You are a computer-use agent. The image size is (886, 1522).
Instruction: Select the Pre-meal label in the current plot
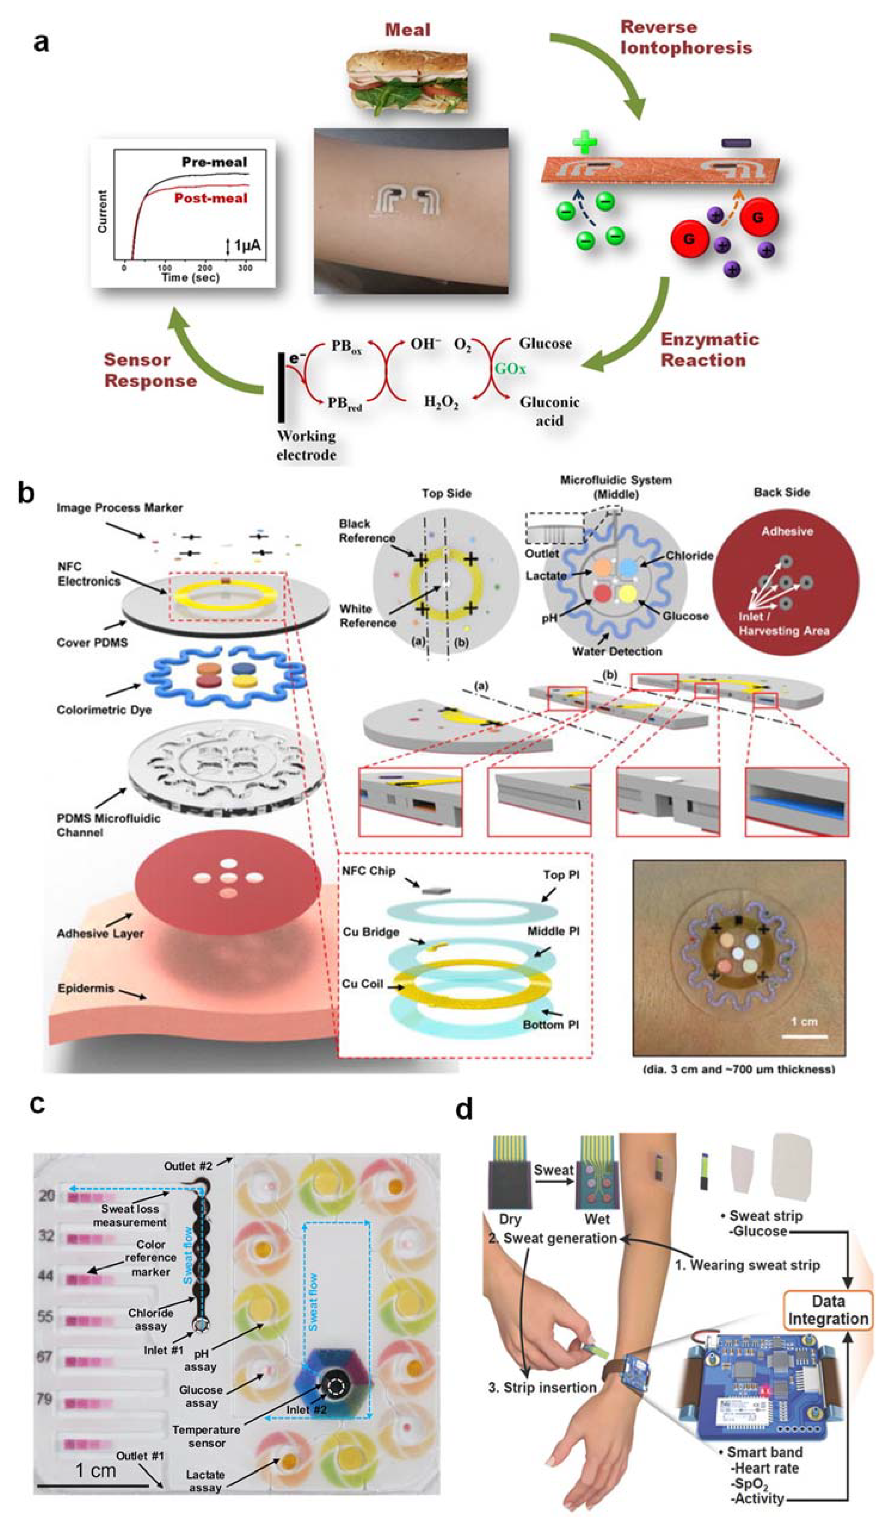[x=214, y=162]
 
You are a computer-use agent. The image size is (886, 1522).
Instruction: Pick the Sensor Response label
[x=150, y=370]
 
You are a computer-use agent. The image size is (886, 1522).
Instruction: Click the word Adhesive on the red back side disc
[x=786, y=532]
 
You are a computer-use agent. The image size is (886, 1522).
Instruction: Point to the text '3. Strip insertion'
[x=542, y=1388]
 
